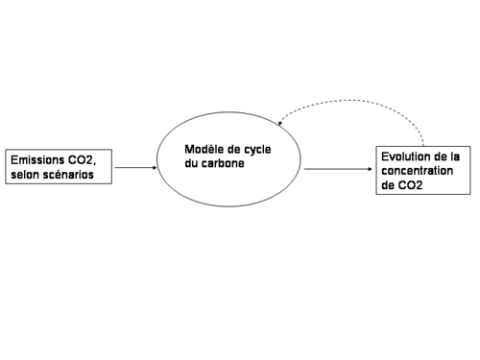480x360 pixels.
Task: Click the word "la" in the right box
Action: pyautogui.click(x=453, y=155)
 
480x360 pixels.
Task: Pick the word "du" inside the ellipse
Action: pyautogui.click(x=193, y=163)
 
